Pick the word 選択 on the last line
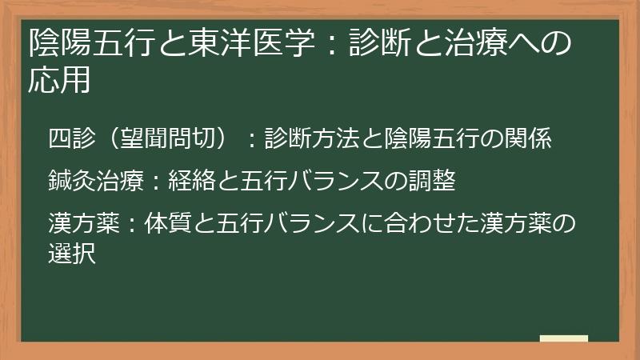click(71, 255)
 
